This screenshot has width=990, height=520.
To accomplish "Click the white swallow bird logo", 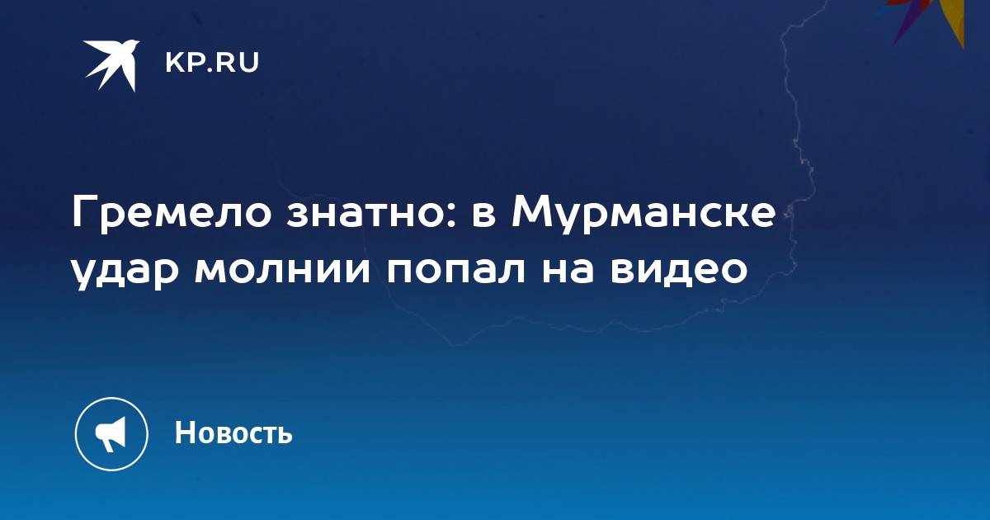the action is [111, 65].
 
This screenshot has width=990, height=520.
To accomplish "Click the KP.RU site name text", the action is [212, 63].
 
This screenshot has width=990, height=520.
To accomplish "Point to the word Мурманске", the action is [643, 214].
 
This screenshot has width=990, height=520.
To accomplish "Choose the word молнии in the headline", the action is [282, 269].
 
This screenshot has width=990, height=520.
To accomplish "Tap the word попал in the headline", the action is [456, 269].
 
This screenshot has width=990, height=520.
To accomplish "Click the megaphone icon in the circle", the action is [111, 434].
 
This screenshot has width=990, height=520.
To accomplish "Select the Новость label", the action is [233, 432].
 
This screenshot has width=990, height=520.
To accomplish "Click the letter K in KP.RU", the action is [174, 63].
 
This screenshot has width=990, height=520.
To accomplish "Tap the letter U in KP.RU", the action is [249, 63].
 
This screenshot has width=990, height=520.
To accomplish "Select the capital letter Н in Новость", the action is [184, 432].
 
